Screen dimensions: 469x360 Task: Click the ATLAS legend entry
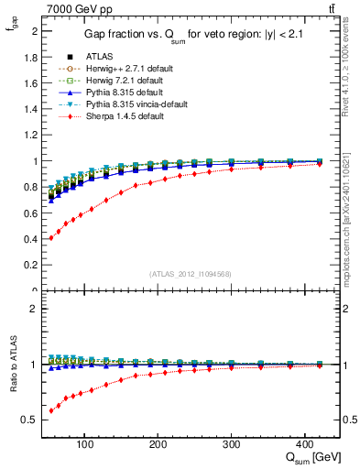point(99,56)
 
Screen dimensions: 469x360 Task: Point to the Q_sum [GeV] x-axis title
point(311,454)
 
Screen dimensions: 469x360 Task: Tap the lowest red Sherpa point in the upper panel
point(50,238)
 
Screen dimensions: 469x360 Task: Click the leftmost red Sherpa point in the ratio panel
point(50,410)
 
